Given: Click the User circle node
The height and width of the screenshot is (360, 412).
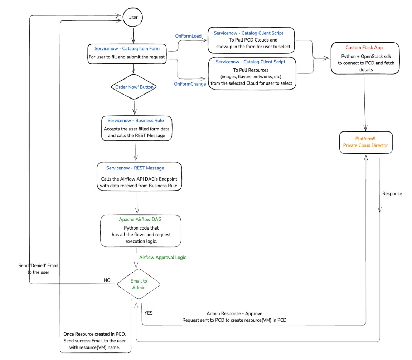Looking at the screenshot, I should [133, 17].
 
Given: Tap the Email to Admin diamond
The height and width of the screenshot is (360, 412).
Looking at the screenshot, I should [139, 284].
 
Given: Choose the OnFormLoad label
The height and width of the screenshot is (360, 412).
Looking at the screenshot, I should [188, 36].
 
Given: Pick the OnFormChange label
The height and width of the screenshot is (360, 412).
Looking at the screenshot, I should [190, 83].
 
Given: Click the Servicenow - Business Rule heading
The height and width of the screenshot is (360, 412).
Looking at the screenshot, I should [136, 120].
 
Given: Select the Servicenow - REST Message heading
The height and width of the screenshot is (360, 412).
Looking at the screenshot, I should [135, 168].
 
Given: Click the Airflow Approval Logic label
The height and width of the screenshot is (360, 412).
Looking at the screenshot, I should [163, 257].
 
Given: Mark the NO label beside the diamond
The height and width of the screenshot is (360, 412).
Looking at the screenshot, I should [107, 280].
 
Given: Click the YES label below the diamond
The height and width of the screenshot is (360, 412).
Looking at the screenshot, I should [148, 313].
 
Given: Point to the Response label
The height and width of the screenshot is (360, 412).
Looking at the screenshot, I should [392, 193].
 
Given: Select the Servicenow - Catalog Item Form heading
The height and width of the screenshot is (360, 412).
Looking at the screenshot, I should [127, 48].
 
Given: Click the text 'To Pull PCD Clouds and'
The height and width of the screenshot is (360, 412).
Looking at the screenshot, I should [253, 40].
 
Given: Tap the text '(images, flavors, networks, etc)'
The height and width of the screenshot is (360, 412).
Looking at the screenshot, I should [251, 76].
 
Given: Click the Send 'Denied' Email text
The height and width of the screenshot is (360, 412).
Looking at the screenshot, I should [38, 266].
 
